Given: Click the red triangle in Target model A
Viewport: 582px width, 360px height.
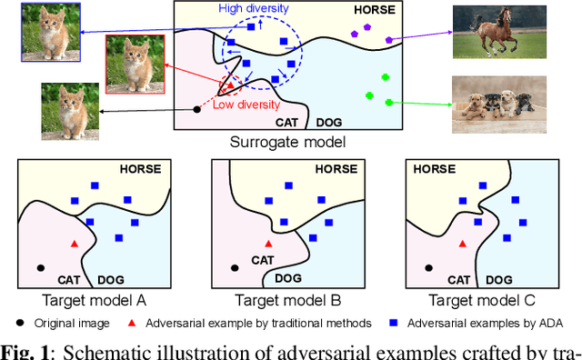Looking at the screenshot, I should point(74,244).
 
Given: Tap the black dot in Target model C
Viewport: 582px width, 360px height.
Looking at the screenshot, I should point(429,267).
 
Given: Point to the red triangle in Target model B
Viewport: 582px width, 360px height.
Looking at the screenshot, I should point(267,244).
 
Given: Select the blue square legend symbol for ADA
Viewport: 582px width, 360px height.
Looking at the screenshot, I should point(393,323).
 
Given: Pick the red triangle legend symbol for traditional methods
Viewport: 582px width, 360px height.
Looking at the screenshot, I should point(131,323).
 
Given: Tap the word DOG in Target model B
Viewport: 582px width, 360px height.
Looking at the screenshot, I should point(288,278).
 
